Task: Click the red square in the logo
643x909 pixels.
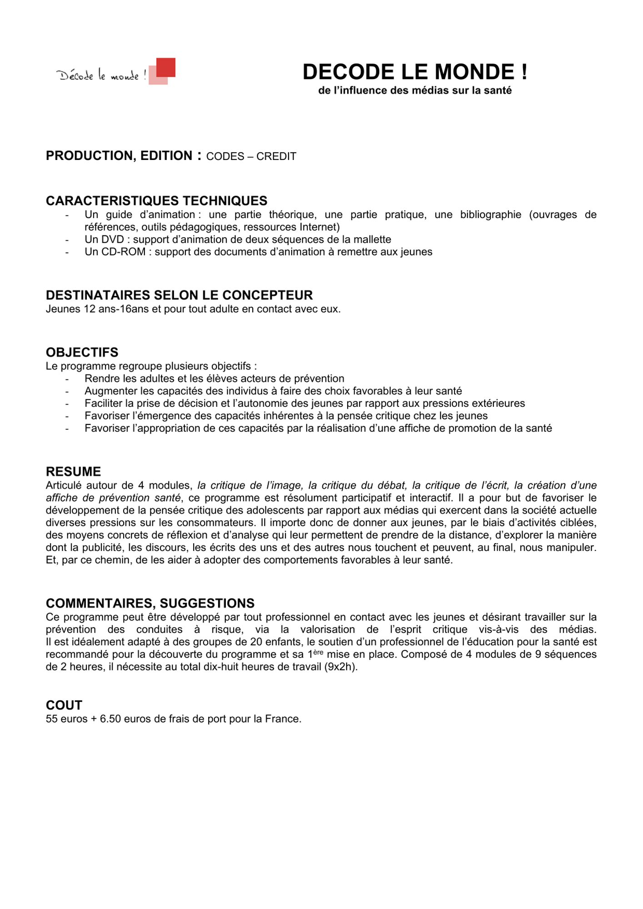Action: click(x=165, y=67)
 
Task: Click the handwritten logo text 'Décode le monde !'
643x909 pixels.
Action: click(x=101, y=75)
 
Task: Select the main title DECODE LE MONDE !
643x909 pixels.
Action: click(x=414, y=72)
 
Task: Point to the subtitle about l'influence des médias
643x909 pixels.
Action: click(x=414, y=90)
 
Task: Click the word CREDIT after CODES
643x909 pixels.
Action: click(x=276, y=156)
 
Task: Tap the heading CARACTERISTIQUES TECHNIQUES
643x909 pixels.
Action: click(x=156, y=200)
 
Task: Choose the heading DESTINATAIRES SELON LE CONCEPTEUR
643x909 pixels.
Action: click(x=179, y=295)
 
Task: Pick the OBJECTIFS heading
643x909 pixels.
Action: click(x=82, y=352)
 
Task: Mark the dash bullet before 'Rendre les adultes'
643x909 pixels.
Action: click(x=67, y=379)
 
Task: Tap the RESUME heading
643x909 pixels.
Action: click(x=73, y=471)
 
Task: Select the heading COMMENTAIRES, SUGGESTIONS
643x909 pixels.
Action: click(x=150, y=603)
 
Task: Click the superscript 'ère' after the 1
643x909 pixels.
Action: click(x=318, y=652)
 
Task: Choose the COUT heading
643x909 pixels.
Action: click(x=64, y=705)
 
